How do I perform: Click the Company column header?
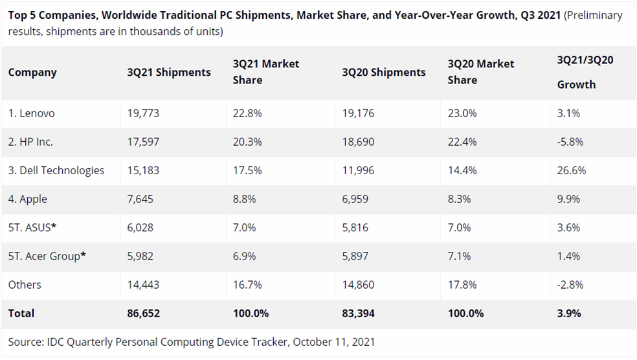pos(32,73)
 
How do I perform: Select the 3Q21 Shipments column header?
pos(169,73)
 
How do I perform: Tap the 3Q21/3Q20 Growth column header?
pos(585,72)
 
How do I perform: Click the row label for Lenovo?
pos(32,113)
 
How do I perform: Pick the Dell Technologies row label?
pos(56,170)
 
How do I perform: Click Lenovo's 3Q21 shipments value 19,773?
pos(143,113)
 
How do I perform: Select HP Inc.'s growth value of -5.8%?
pos(570,142)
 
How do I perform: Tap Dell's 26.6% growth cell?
pos(572,170)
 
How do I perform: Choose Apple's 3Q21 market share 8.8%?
pos(246,199)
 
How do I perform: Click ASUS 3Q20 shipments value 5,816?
pos(357,227)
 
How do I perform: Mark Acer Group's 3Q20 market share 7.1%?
pos(461,256)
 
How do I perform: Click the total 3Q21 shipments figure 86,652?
pos(144,313)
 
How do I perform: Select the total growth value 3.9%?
pos(569,313)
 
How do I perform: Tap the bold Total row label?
pos(21,313)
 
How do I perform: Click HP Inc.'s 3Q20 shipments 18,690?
pos(358,142)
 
